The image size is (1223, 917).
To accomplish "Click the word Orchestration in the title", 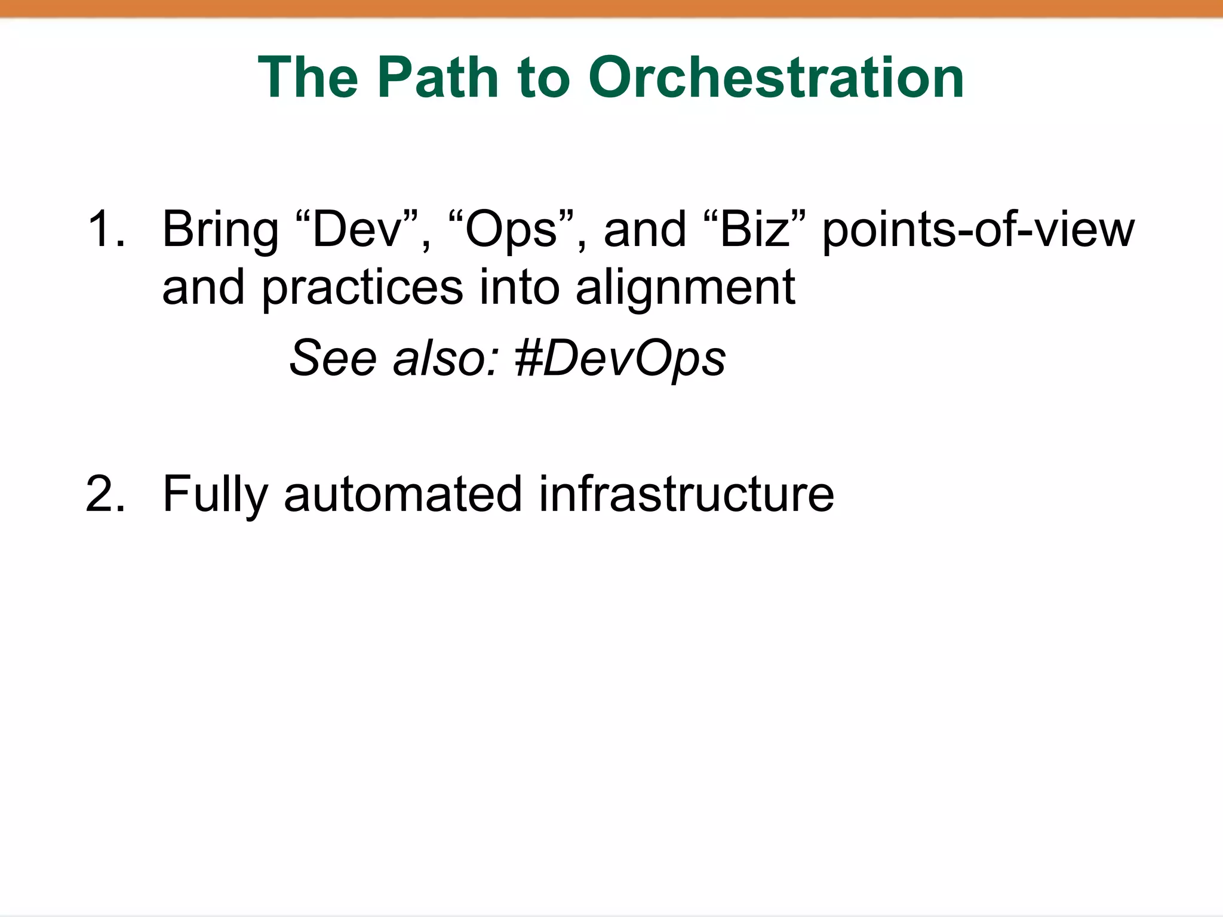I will coord(776,78).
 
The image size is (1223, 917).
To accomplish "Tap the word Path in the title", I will coord(438,78).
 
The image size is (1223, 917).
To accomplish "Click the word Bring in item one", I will coord(220,230).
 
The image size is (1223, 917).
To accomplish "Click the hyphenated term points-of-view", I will coord(978,230).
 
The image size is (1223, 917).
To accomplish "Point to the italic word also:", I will coord(445,358).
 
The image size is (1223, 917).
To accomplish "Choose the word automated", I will coord(403,494).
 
